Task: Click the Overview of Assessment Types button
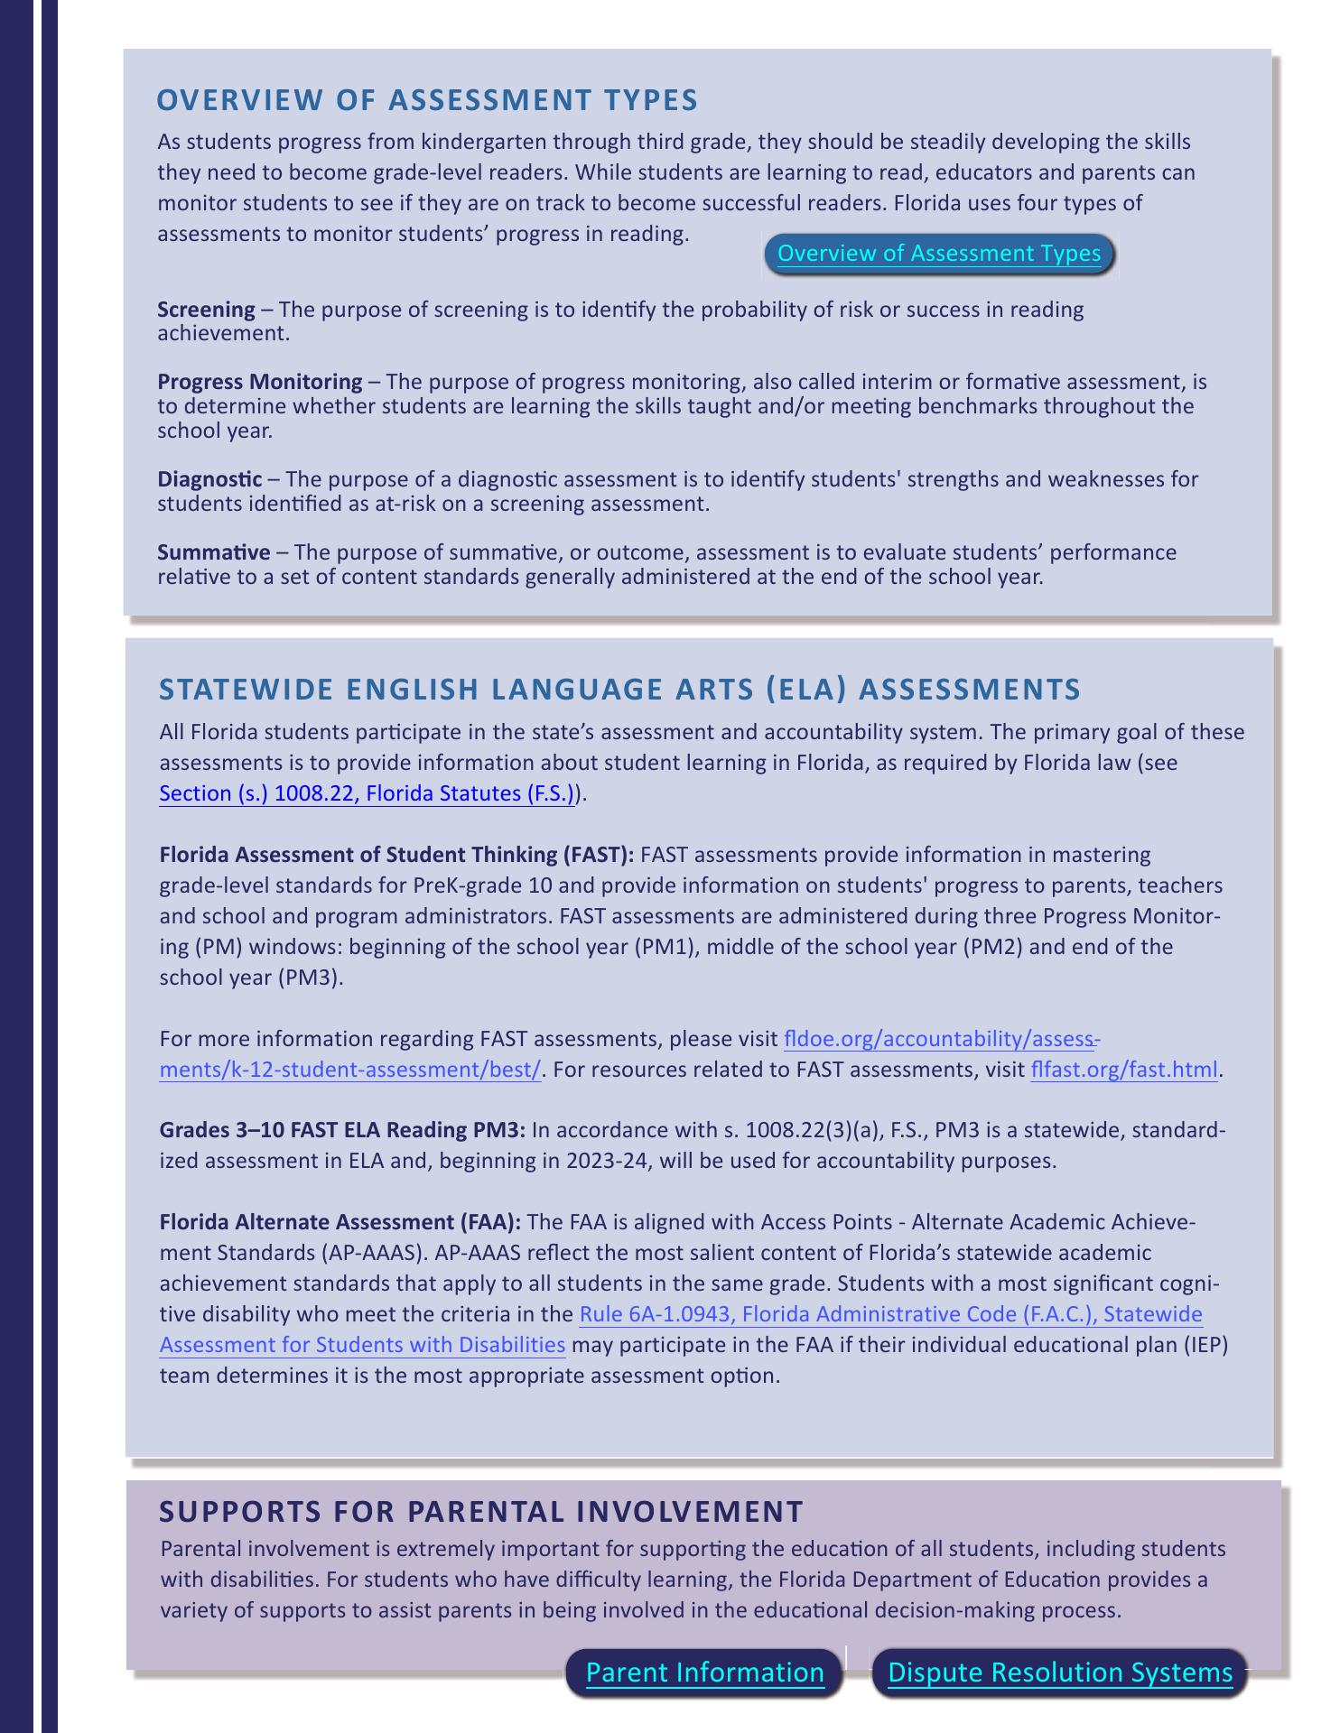[x=939, y=254]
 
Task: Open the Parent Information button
[x=704, y=1673]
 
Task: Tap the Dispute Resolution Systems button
[x=1060, y=1673]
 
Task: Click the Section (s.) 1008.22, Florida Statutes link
[x=367, y=793]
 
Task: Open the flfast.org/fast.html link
[x=1124, y=1070]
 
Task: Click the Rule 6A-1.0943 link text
[x=889, y=1314]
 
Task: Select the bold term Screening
[x=206, y=310]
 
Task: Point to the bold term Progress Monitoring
[x=260, y=382]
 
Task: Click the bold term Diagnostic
[x=209, y=478]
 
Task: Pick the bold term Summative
[x=213, y=551]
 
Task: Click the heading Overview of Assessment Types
[x=427, y=99]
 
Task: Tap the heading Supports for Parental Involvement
[x=480, y=1511]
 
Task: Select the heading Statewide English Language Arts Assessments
[x=619, y=689]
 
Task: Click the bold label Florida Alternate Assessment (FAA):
[x=340, y=1222]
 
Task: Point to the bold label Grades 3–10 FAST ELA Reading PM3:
[x=342, y=1131]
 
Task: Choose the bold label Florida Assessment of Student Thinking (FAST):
[x=397, y=854]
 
